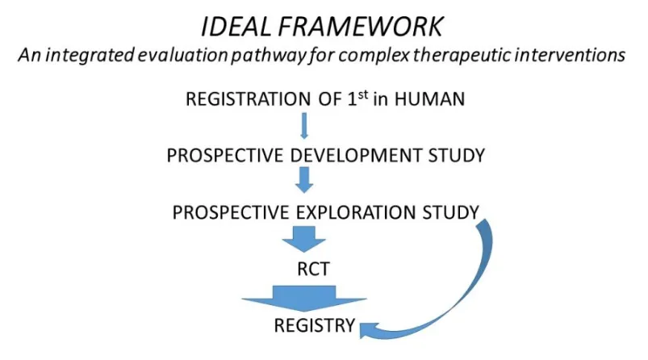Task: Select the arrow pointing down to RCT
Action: pyautogui.click(x=304, y=239)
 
